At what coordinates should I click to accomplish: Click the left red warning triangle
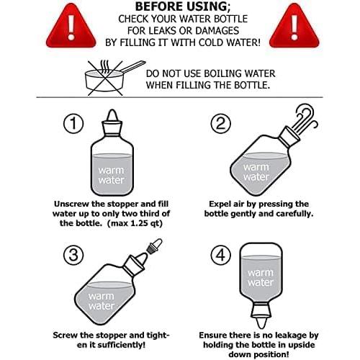[x=71, y=27]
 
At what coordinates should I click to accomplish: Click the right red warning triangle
[x=294, y=27]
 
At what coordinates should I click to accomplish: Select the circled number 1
[x=73, y=123]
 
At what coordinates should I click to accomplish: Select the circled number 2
[x=221, y=123]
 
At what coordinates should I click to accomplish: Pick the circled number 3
[x=73, y=255]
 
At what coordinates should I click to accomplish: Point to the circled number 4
[x=221, y=255]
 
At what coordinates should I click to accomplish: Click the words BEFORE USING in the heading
[x=181, y=6]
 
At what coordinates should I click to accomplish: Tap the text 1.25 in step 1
[x=139, y=223]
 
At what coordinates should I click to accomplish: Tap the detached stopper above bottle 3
[x=154, y=246]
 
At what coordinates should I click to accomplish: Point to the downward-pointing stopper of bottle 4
[x=261, y=316]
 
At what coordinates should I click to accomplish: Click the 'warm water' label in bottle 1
[x=112, y=175]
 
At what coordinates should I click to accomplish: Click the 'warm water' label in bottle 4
[x=261, y=277]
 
